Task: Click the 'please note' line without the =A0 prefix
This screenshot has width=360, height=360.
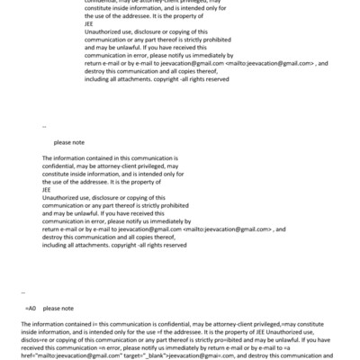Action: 68,142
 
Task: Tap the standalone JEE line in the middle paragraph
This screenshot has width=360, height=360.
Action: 47,189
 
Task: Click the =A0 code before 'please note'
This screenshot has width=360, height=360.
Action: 30,309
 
